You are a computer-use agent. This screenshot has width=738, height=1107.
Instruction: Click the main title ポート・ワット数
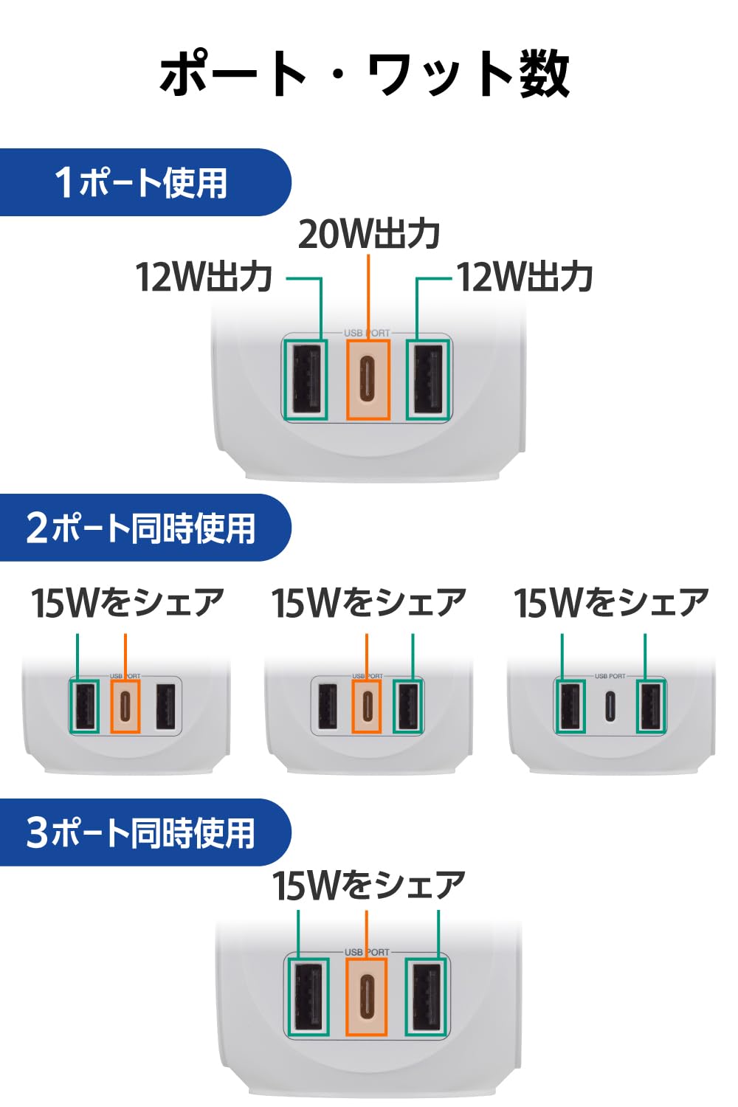(x=365, y=74)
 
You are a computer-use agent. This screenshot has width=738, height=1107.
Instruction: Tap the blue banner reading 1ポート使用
(x=145, y=182)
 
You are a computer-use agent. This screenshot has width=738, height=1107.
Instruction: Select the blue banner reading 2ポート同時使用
(x=145, y=528)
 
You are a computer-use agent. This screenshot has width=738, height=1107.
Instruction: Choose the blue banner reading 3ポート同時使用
(x=145, y=832)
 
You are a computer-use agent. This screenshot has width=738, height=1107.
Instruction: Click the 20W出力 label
(x=369, y=234)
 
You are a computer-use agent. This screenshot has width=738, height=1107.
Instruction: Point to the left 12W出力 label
(x=204, y=277)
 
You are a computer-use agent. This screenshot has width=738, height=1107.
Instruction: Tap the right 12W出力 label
(x=524, y=277)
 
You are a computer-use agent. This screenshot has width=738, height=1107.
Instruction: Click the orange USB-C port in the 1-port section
(x=368, y=379)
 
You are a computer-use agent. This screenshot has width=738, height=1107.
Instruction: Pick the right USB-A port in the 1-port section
(x=428, y=379)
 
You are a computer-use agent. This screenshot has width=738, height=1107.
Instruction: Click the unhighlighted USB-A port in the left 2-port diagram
(x=165, y=706)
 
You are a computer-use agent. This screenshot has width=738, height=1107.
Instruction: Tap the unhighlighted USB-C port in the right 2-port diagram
(x=610, y=706)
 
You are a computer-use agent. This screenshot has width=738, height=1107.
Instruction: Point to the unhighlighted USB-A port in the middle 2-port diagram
(x=327, y=706)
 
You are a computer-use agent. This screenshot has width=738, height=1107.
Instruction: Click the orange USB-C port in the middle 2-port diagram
(x=366, y=706)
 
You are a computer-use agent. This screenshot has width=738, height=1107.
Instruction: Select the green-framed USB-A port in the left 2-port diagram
(x=85, y=706)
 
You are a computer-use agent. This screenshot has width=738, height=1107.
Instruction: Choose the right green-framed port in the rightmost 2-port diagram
(x=652, y=706)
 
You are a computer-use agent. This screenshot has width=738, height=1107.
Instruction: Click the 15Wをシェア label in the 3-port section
(x=369, y=886)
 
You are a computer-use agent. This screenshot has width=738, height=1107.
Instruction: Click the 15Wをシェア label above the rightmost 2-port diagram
(x=612, y=603)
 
